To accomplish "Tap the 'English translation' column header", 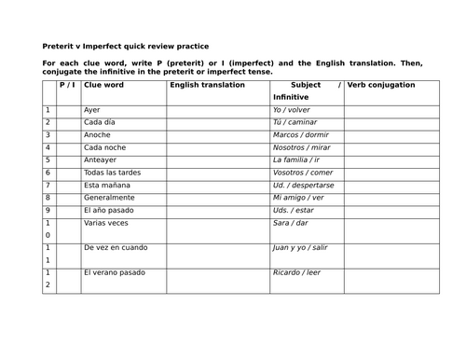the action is pos(207,85).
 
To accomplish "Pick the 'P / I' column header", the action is pos(67,85).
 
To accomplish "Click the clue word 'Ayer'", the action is pos(91,110).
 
